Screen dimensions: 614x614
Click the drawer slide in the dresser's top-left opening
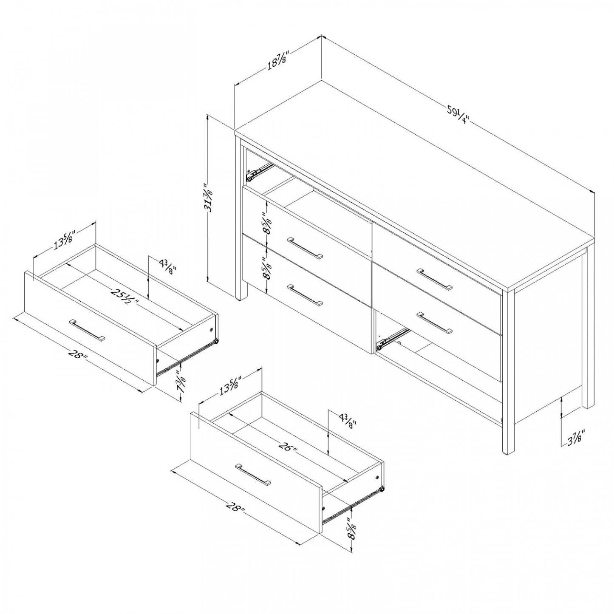click(259, 170)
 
